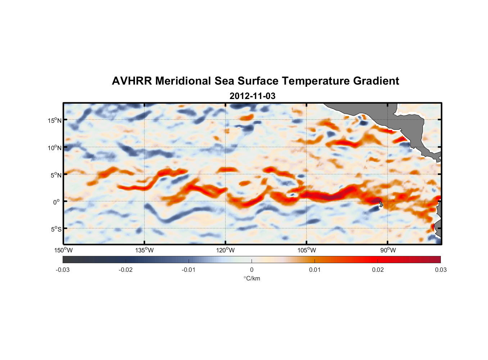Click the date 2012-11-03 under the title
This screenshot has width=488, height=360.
click(x=252, y=96)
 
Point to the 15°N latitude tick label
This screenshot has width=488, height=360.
click(x=55, y=120)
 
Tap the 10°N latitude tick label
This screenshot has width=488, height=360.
click(x=55, y=148)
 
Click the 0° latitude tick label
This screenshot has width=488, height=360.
click(x=57, y=202)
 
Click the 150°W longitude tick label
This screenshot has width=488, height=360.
click(x=63, y=250)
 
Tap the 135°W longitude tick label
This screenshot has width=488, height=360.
click(x=144, y=250)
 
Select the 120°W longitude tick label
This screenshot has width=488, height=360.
click(x=225, y=250)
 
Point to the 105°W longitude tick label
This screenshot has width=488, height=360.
click(x=307, y=250)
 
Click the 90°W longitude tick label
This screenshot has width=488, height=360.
click(x=388, y=250)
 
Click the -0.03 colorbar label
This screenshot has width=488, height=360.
click(x=63, y=270)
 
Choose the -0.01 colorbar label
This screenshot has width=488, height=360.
click(x=189, y=270)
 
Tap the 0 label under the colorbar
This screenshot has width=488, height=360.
click(x=252, y=270)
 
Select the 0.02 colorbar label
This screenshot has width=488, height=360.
click(x=378, y=270)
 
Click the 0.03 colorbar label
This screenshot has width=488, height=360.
click(x=440, y=270)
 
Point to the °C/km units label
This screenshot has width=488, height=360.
click(x=252, y=278)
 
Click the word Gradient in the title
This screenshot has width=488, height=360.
click(x=376, y=81)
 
